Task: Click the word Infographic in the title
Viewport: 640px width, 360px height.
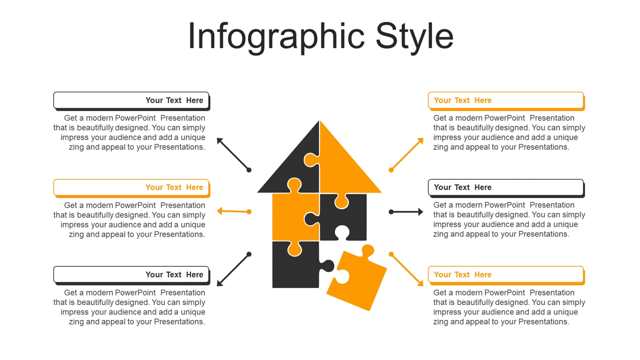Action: (276, 37)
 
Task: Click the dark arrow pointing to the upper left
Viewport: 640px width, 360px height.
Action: (234, 155)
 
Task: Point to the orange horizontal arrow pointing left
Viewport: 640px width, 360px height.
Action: (234, 211)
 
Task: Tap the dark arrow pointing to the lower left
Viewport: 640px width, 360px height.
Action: (234, 269)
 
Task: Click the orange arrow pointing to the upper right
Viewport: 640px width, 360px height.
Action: (406, 155)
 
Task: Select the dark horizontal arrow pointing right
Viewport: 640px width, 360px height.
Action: (406, 212)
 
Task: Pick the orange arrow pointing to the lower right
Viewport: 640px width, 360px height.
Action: (406, 269)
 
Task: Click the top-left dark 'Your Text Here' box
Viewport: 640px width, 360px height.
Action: (132, 101)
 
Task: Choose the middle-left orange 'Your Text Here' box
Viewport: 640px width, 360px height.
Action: (132, 188)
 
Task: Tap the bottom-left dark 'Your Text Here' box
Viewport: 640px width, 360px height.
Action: (132, 276)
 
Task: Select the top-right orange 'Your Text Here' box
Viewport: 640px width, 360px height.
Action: (506, 101)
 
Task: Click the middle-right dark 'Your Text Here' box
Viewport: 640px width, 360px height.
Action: (506, 188)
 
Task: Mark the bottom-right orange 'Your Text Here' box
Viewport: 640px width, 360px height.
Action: (506, 276)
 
